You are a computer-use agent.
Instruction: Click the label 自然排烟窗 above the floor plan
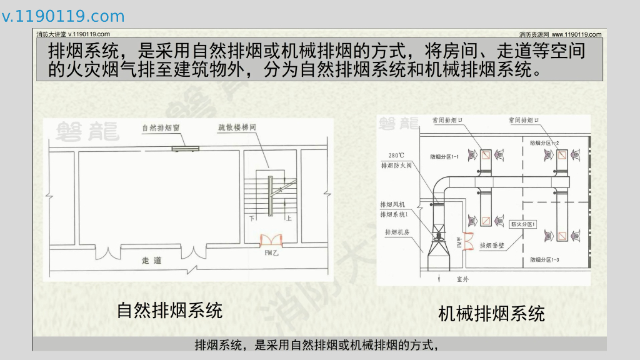click(161, 128)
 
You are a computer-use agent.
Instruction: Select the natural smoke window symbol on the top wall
click(186, 149)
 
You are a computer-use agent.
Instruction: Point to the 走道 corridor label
click(151, 260)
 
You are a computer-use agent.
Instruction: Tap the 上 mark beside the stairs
click(288, 219)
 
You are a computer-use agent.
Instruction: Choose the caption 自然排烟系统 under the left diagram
click(169, 310)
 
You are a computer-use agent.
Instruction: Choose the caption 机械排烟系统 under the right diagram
click(491, 313)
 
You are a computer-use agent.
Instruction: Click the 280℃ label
click(397, 155)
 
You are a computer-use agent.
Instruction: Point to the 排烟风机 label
click(393, 204)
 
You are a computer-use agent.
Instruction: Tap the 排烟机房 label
click(397, 232)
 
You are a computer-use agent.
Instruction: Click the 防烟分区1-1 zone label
click(445, 156)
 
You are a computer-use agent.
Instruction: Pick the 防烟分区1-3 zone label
click(544, 259)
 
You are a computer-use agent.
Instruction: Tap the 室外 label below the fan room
click(463, 279)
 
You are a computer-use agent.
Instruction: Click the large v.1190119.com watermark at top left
click(63, 16)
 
